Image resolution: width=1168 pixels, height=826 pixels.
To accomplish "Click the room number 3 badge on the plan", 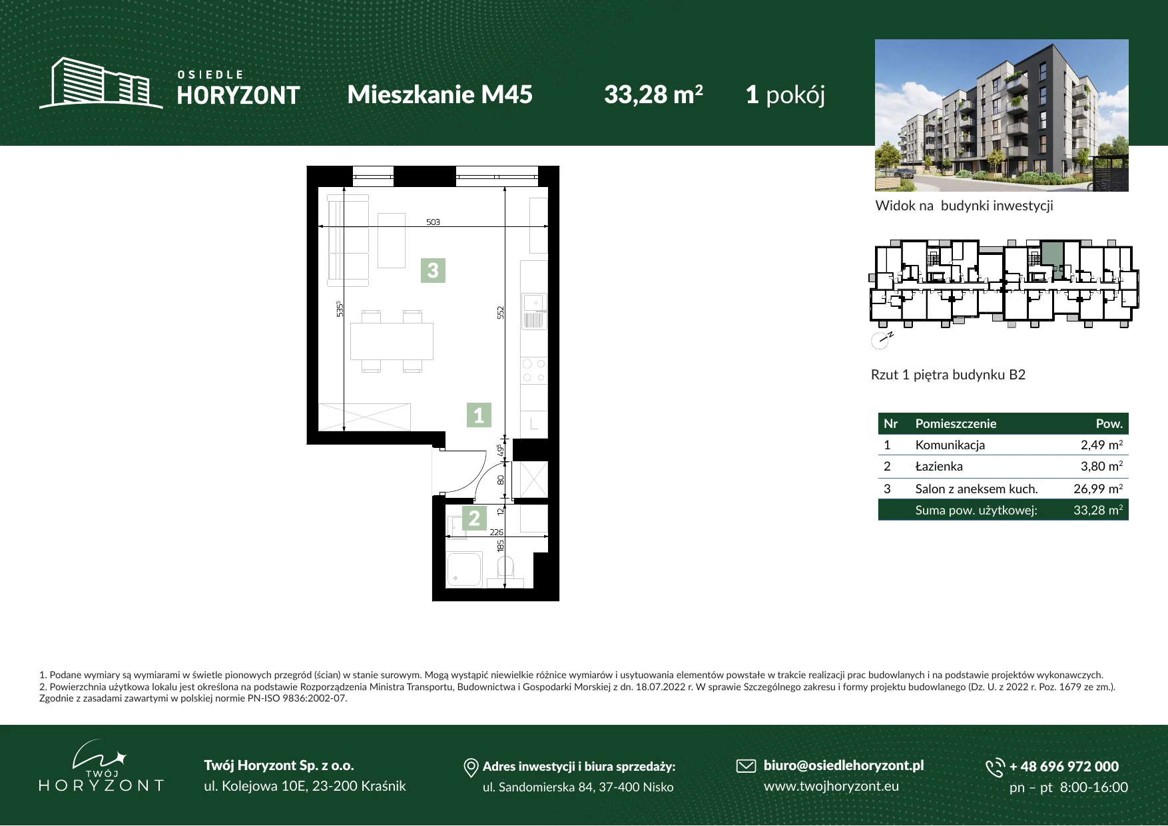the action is (x=433, y=270).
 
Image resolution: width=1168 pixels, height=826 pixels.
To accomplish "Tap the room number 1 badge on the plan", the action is (x=478, y=415).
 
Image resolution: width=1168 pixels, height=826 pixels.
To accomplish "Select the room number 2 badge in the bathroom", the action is (x=474, y=518).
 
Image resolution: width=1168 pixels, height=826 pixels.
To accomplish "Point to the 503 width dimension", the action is (x=433, y=222).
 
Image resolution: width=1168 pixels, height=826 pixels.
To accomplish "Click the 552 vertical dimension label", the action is (x=501, y=311).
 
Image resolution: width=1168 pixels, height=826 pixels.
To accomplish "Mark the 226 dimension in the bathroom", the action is (x=497, y=532).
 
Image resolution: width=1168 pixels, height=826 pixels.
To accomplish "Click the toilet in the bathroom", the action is (x=505, y=570).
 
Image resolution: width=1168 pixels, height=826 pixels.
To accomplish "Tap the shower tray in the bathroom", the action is (x=464, y=570).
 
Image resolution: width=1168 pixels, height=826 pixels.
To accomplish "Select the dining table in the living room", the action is (x=392, y=341).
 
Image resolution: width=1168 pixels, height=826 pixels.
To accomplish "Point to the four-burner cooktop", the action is (x=533, y=371).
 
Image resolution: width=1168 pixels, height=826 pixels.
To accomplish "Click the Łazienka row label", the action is (x=939, y=466).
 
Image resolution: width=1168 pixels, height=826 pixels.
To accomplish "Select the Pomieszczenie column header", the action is (x=956, y=423).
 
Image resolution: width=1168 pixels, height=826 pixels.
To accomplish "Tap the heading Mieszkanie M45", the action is (x=440, y=95).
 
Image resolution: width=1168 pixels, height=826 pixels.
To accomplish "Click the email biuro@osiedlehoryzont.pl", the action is (x=844, y=765).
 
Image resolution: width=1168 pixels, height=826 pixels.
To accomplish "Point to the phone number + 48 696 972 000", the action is (x=1064, y=766).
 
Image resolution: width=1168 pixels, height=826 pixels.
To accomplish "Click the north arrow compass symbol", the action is (x=881, y=340).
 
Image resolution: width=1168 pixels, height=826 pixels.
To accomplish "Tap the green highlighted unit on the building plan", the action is (x=1052, y=255).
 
